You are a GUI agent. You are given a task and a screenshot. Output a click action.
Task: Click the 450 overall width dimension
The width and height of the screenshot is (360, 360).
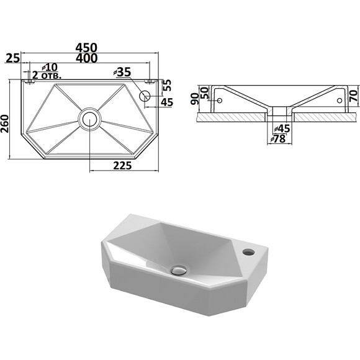[86, 48]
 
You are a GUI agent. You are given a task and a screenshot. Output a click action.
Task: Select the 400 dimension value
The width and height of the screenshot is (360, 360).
[86, 58]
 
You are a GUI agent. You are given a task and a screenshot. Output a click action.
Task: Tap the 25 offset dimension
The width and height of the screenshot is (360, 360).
[13, 58]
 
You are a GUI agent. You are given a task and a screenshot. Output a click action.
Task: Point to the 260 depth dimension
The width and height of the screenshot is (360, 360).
[4, 124]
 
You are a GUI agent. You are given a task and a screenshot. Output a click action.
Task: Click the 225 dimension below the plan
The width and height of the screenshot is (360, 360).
[122, 166]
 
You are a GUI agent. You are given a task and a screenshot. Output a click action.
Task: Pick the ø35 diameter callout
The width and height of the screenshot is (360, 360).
[122, 72]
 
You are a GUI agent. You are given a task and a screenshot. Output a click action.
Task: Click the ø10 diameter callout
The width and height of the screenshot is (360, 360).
[50, 67]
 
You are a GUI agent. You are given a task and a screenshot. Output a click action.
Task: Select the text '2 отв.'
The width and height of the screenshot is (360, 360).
[47, 75]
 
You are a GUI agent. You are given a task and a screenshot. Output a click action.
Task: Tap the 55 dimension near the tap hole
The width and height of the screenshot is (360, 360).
[168, 85]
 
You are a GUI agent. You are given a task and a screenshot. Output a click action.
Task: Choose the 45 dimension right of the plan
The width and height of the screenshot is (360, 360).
[167, 102]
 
